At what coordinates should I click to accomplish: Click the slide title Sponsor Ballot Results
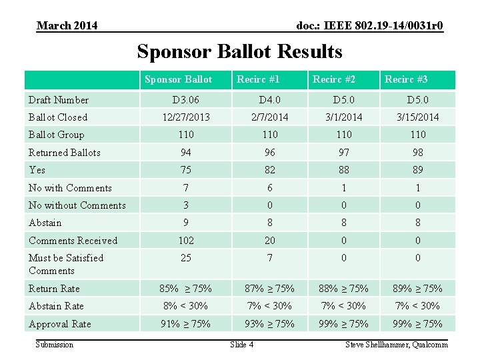239,51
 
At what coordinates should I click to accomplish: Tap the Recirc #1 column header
258,79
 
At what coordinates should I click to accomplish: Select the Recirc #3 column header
406,79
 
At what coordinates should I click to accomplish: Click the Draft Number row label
59,100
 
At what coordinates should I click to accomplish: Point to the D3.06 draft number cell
185,100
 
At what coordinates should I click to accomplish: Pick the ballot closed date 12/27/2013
185,117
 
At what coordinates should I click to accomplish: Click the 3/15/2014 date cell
418,117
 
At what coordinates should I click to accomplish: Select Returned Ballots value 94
185,153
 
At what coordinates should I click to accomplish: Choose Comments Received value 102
185,241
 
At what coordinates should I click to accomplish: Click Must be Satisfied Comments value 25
185,258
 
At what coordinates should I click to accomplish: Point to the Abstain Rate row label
56,306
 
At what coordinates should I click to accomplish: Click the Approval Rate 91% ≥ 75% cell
185,324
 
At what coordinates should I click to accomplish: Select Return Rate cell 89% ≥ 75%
418,289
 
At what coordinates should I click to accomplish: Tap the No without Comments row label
77,205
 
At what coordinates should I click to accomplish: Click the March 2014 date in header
67,26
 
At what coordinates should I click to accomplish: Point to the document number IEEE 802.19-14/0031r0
370,26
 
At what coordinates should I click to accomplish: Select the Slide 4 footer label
241,345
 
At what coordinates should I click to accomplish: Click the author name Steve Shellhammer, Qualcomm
396,345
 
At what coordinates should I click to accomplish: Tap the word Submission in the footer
55,345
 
